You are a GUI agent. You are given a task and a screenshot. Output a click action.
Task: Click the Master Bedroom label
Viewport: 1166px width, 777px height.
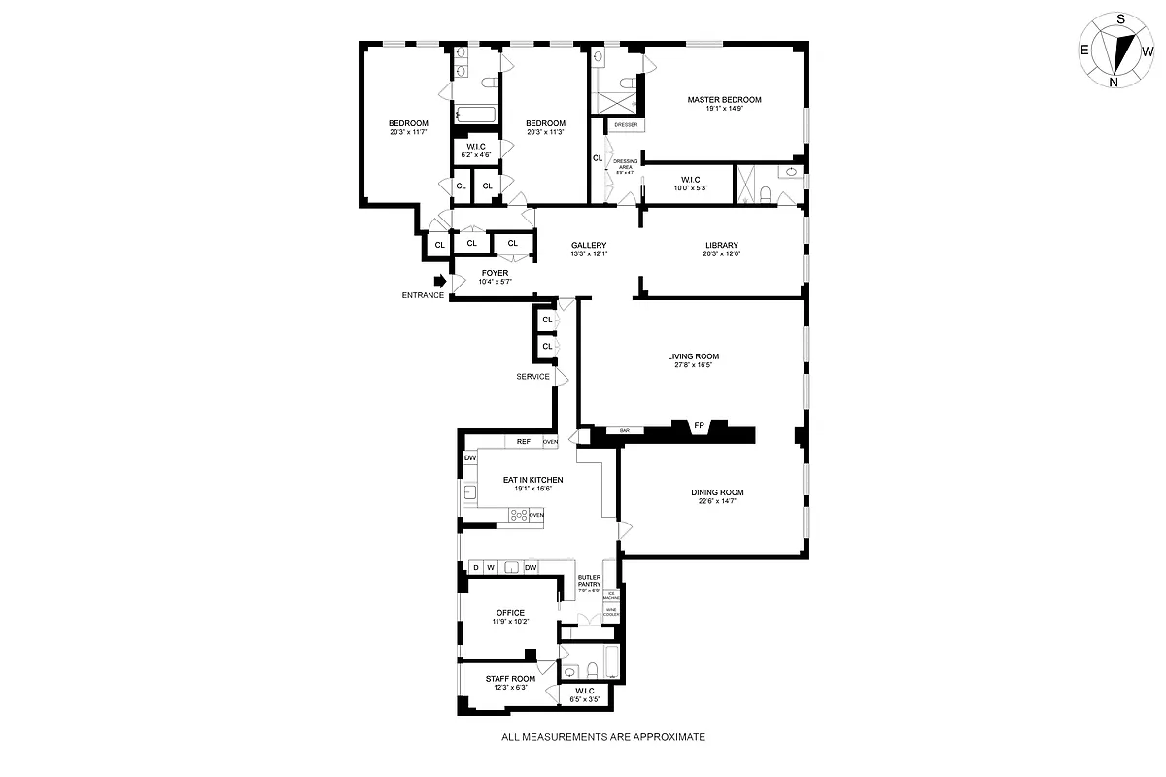(x=724, y=99)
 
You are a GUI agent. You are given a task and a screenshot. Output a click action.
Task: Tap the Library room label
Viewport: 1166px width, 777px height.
(x=722, y=245)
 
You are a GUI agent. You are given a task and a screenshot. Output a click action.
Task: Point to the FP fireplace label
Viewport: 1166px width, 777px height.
(x=698, y=425)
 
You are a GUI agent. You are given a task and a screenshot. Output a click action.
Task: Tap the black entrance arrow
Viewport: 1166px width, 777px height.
(x=439, y=281)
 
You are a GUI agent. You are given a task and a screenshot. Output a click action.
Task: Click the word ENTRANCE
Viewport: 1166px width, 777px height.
(x=423, y=295)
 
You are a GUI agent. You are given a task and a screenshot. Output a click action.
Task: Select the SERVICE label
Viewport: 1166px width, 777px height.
(x=532, y=377)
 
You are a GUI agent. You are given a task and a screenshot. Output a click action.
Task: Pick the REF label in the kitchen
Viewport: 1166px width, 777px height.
(x=524, y=442)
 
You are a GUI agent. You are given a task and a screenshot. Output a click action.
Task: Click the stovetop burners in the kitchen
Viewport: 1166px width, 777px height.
(x=518, y=515)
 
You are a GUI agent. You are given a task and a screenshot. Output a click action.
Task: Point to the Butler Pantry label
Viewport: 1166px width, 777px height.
(x=590, y=580)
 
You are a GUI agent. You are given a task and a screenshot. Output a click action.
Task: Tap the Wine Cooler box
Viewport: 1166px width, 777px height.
(x=611, y=613)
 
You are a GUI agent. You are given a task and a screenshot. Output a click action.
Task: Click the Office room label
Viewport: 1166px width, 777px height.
(x=510, y=612)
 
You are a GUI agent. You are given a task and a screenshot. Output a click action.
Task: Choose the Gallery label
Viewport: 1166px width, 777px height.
(x=589, y=245)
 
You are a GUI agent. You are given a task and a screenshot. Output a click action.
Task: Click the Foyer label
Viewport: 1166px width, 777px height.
(x=495, y=273)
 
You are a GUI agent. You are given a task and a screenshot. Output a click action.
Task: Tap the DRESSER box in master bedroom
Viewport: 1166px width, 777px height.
(x=626, y=125)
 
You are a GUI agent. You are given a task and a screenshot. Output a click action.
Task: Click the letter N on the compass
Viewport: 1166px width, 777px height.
(x=1114, y=83)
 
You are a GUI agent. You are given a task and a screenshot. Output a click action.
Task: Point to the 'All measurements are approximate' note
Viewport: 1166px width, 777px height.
(x=602, y=737)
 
